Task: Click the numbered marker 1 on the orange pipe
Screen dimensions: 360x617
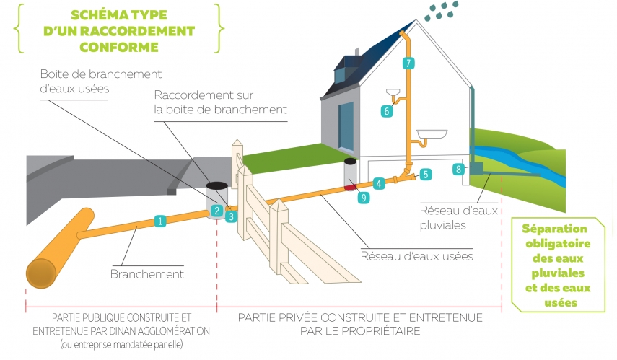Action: click(x=160, y=221)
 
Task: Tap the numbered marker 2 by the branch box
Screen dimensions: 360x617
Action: click(x=216, y=211)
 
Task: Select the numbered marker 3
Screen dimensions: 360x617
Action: click(x=231, y=215)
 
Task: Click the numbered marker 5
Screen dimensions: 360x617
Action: click(x=426, y=174)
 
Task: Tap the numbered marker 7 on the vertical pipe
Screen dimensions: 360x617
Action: click(x=408, y=63)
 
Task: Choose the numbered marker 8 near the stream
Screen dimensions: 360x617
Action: click(x=458, y=170)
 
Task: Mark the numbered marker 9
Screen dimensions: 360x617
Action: click(x=363, y=196)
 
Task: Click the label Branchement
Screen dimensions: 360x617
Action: click(x=147, y=274)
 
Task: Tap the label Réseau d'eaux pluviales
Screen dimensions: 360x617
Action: click(x=451, y=218)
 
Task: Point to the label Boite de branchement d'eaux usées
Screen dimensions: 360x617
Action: click(x=100, y=82)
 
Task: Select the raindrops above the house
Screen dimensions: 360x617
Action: click(x=442, y=11)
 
